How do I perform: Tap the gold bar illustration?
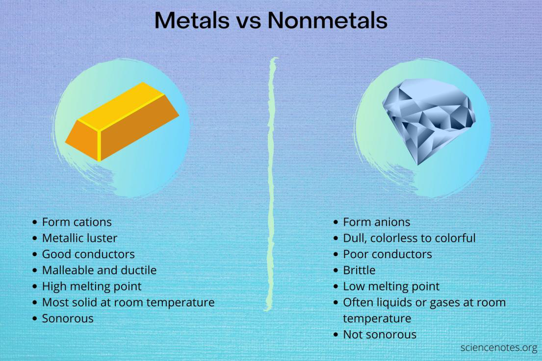(122, 122)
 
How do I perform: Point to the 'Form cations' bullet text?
(77, 222)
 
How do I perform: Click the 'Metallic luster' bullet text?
(79, 238)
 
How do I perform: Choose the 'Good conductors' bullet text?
(88, 254)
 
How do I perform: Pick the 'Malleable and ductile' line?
(99, 270)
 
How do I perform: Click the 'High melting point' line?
(92, 286)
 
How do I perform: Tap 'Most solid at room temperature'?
(128, 302)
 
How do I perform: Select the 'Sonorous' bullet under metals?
(68, 318)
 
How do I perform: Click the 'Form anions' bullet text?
(376, 222)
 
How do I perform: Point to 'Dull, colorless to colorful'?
(409, 238)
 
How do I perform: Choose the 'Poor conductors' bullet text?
(387, 254)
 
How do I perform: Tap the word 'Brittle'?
(359, 270)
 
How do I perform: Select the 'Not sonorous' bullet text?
(379, 335)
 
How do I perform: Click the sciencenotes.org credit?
(498, 348)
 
